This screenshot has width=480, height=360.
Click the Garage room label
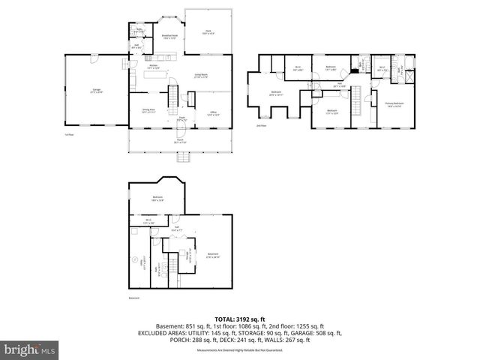tap(97, 91)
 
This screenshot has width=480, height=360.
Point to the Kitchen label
tap(153, 67)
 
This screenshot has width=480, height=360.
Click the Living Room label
tap(201, 76)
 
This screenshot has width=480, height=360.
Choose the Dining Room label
tap(148, 111)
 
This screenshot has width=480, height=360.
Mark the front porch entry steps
tap(181, 157)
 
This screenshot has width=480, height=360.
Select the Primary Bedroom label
tap(394, 104)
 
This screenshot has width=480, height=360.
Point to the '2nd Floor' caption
tap(261, 125)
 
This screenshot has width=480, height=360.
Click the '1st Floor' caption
tap(68, 134)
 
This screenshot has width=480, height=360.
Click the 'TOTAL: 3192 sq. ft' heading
tap(240, 319)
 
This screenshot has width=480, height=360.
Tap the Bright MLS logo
tap(29, 349)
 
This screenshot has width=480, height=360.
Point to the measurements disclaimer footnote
tap(240, 350)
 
